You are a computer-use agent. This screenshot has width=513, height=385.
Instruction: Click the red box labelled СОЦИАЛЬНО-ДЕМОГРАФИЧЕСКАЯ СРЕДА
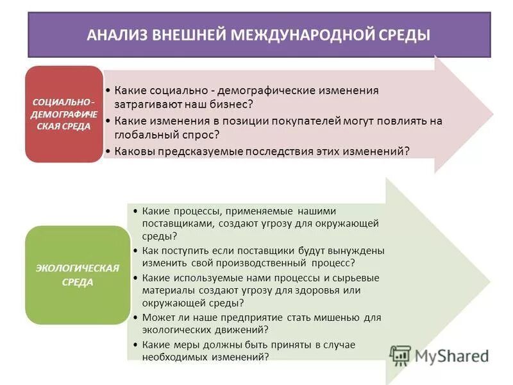click(x=63, y=114)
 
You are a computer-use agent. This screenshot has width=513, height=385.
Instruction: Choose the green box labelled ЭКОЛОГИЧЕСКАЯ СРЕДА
click(x=77, y=274)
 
